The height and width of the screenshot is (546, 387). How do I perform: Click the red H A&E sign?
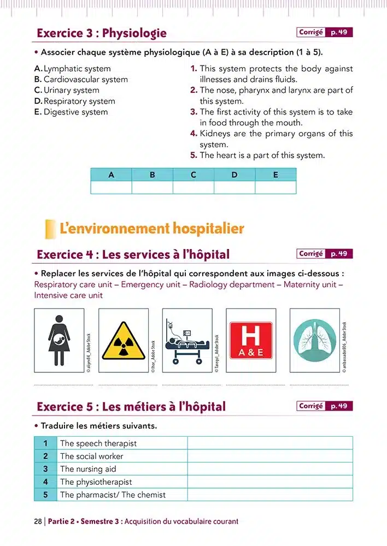click(251, 340)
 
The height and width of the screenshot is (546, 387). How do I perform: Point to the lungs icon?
click(314, 340)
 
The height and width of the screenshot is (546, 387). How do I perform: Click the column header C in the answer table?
click(193, 175)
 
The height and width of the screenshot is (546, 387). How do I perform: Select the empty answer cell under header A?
click(111, 188)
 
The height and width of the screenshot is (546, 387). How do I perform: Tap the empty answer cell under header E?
click(275, 188)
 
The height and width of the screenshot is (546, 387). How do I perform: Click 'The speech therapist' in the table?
click(98, 443)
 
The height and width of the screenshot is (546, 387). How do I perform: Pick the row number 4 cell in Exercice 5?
click(46, 482)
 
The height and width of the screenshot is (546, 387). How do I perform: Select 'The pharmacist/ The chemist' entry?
click(113, 495)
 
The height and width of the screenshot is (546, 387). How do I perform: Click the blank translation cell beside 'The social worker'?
click(270, 456)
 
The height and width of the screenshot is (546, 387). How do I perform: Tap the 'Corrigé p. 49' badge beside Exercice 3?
click(325, 33)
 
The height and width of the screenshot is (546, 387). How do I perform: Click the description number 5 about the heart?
click(193, 156)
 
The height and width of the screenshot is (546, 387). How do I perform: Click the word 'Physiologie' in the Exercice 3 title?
click(134, 33)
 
